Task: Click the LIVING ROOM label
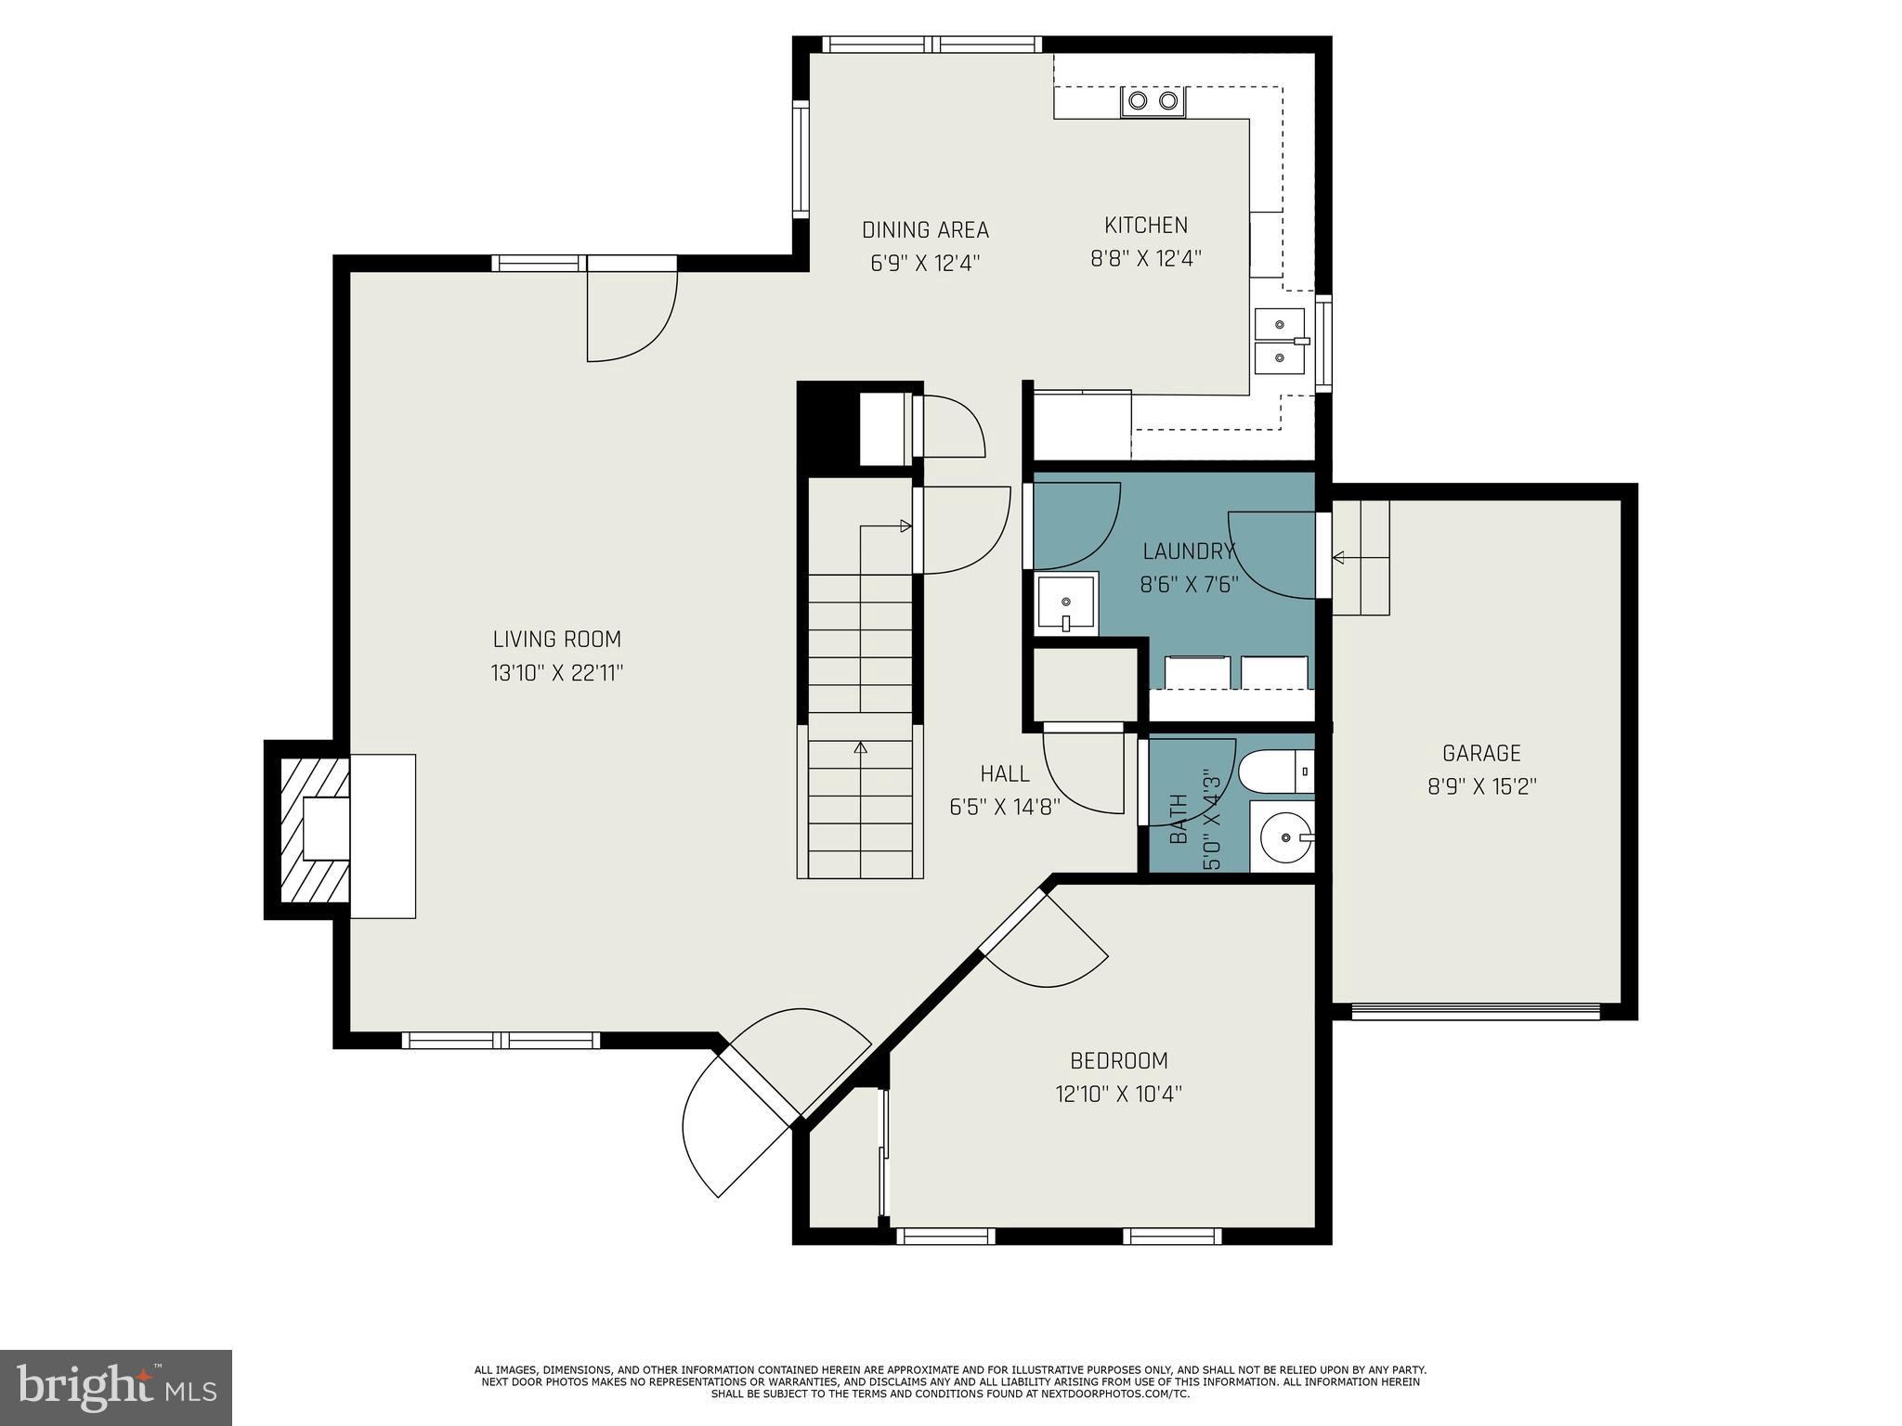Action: pos(556,639)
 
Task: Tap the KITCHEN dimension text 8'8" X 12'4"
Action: pos(1145,258)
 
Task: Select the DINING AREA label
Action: pos(925,229)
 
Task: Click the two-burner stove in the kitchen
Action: pos(1153,101)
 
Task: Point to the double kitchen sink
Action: pos(1281,341)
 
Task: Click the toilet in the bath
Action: pos(1276,771)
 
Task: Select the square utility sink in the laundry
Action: pos(1066,603)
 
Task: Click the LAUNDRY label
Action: pos(1188,551)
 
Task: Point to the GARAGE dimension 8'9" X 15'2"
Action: pos(1481,786)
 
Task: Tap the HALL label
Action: pos(1005,773)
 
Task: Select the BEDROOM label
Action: pos(1118,1060)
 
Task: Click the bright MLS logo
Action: pos(116,1387)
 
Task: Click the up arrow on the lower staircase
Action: pos(860,746)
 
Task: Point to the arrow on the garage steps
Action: pos(1338,557)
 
